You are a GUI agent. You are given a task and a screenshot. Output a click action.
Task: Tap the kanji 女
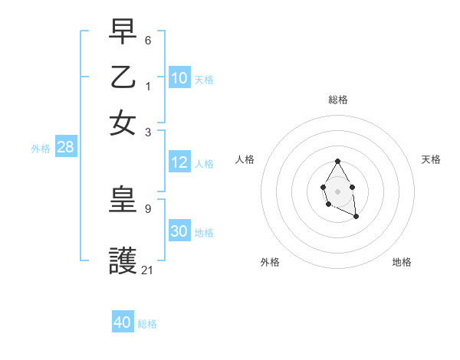pyautogui.click(x=123, y=123)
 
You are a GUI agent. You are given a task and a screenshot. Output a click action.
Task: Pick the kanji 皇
pyautogui.click(x=123, y=200)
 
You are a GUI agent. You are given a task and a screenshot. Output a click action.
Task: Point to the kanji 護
pyautogui.click(x=123, y=260)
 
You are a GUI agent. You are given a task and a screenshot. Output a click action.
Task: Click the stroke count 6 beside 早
pyautogui.click(x=148, y=39)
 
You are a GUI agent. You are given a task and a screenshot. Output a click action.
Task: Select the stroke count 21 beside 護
pyautogui.click(x=147, y=270)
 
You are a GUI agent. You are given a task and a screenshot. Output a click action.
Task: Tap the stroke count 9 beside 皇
pyautogui.click(x=148, y=208)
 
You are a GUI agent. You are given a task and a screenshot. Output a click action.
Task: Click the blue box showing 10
pyautogui.click(x=179, y=77)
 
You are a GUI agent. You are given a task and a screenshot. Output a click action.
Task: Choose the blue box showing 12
pyautogui.click(x=179, y=162)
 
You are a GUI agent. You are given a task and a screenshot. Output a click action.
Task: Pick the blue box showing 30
pyautogui.click(x=179, y=231)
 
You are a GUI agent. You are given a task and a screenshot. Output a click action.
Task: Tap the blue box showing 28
pyautogui.click(x=66, y=147)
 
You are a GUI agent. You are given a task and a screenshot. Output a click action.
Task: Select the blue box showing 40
pyautogui.click(x=123, y=322)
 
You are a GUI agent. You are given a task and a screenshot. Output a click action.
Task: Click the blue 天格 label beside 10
pyautogui.click(x=203, y=80)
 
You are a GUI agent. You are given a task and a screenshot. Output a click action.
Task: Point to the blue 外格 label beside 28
pyautogui.click(x=41, y=149)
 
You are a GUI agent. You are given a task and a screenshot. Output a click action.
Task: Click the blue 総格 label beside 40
pyautogui.click(x=147, y=324)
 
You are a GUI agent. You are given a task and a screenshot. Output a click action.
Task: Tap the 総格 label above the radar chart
pyautogui.click(x=337, y=100)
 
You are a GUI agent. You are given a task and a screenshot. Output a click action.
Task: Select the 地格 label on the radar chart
pyautogui.click(x=402, y=262)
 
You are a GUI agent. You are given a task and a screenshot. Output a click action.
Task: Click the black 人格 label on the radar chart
pyautogui.click(x=245, y=159)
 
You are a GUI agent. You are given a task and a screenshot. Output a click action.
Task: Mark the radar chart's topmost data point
pyautogui.click(x=337, y=161)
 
